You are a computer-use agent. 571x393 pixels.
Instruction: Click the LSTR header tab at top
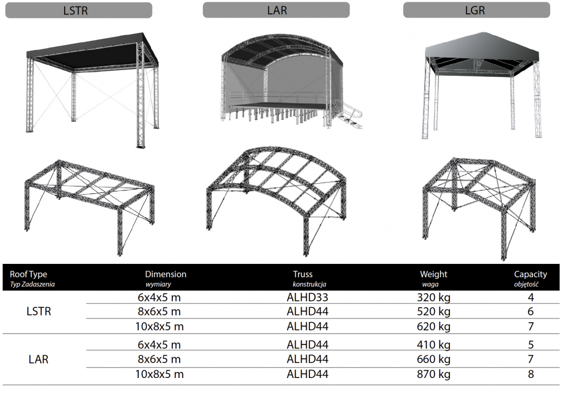(79, 10)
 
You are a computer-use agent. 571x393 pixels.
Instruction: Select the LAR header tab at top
(276, 10)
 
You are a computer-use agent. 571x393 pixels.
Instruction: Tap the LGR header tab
(476, 10)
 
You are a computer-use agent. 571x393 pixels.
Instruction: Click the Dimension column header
(166, 278)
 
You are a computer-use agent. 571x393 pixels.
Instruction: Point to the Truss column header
(309, 278)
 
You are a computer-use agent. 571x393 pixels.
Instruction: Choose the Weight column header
(433, 278)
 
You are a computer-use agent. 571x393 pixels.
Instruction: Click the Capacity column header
(530, 278)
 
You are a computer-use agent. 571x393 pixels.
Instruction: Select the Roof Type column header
(32, 278)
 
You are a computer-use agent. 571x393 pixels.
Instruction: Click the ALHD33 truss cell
(307, 297)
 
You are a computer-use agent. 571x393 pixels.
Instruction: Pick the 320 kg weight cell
(433, 297)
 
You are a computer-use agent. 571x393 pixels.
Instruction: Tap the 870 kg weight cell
(433, 374)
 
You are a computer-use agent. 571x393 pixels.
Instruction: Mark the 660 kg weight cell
(433, 359)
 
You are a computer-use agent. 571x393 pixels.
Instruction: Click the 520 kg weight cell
(433, 312)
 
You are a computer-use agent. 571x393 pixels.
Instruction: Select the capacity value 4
(531, 297)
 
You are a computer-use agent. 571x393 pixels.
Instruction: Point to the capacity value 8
(531, 374)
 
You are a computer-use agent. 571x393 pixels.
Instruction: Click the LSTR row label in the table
(38, 312)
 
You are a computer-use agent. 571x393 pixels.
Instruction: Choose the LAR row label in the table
(38, 360)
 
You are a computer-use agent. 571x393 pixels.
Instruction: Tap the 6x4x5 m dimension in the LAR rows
(159, 345)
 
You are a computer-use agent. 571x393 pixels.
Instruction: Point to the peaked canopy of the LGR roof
(481, 47)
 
